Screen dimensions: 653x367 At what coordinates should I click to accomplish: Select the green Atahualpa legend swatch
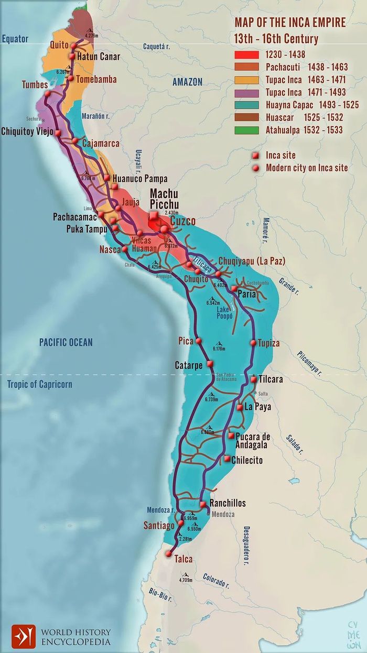(247, 129)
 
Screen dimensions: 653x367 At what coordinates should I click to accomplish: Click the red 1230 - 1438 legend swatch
(247, 55)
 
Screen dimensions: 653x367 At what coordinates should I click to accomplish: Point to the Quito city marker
(73, 46)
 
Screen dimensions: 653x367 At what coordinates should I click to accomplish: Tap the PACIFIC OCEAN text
(66, 342)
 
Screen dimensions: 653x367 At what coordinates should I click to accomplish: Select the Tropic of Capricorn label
(40, 384)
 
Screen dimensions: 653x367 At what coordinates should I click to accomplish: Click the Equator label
(15, 39)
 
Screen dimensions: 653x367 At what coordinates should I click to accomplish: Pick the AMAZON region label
(187, 82)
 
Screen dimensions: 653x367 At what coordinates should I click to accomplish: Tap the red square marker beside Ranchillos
(203, 504)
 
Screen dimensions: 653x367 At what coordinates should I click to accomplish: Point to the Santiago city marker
(181, 523)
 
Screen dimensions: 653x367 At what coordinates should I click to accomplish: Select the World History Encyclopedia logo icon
(24, 636)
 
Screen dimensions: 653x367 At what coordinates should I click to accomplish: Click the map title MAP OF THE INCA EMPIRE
(289, 23)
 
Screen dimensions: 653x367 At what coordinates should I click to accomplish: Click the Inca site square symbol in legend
(255, 156)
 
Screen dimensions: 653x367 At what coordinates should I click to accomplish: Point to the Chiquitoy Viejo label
(27, 131)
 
